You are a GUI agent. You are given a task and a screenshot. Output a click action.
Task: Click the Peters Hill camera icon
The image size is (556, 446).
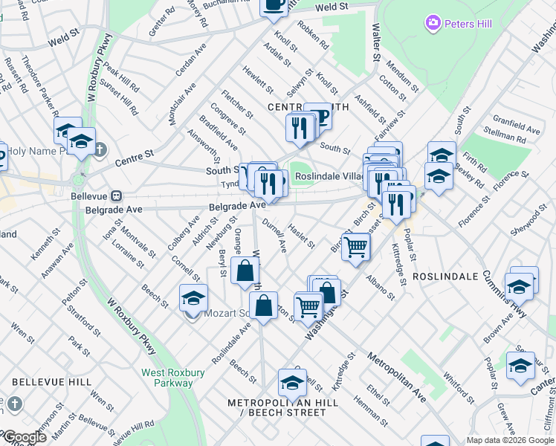pyautogui.click(x=433, y=24)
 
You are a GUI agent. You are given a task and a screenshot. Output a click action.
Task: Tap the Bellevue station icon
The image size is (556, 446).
pyautogui.click(x=116, y=196)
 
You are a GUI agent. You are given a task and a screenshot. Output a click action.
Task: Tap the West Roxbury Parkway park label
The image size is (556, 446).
pyautogui.click(x=167, y=378)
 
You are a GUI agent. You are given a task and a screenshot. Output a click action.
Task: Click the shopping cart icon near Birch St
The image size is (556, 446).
pyautogui.click(x=356, y=247)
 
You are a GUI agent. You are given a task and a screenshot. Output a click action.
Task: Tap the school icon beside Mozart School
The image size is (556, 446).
pyautogui.click(x=193, y=297)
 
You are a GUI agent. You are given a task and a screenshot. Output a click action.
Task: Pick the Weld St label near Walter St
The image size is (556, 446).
pyautogui.click(x=332, y=7)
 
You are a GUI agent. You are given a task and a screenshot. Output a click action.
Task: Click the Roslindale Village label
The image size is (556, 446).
pyautogui.click(x=328, y=177)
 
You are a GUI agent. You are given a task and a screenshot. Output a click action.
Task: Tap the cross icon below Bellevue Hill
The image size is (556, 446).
pyautogui.click(x=13, y=405)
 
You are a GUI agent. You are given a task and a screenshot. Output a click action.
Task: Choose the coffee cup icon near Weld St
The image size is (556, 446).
pyautogui.click(x=274, y=4)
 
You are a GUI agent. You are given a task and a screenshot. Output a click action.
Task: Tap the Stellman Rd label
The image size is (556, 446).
pyautogui.click(x=503, y=136)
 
